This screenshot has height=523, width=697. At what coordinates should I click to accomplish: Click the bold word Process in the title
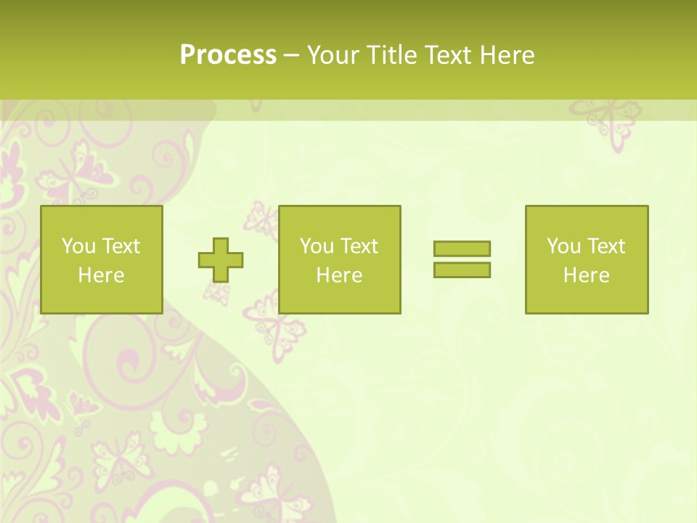(x=228, y=55)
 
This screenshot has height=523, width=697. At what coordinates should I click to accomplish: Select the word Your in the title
(x=333, y=55)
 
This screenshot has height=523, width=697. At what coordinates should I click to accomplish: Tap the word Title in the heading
(x=391, y=55)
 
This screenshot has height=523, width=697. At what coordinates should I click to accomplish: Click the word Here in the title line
(x=507, y=55)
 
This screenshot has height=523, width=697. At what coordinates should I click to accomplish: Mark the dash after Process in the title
(x=291, y=56)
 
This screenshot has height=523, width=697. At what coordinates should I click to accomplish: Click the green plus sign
(x=221, y=260)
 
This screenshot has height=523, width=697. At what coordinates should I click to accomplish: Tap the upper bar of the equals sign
(x=462, y=249)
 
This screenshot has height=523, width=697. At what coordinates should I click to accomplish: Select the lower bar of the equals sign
(x=462, y=269)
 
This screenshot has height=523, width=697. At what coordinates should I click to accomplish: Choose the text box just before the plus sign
(x=102, y=259)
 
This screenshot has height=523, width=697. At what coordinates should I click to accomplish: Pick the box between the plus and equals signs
(x=340, y=259)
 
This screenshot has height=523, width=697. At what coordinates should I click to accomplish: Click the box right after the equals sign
(x=587, y=259)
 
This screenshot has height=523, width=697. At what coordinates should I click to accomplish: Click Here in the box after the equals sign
(x=587, y=275)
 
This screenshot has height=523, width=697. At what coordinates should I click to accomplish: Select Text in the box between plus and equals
(x=359, y=246)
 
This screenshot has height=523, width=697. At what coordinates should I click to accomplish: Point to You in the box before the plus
(x=78, y=246)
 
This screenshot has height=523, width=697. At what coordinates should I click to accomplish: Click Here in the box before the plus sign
(x=102, y=275)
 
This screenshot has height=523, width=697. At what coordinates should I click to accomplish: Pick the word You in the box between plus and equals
(x=317, y=246)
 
